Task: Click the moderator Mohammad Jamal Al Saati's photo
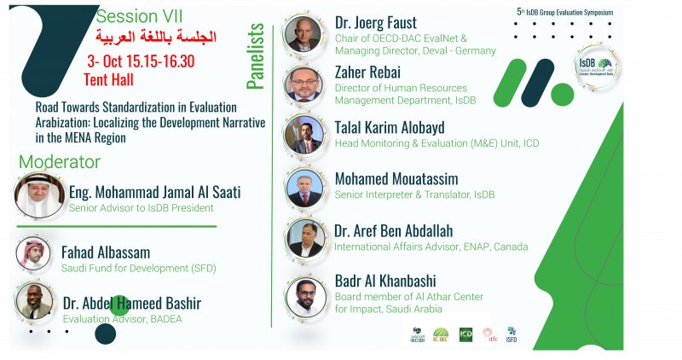39,195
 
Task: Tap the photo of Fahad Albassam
34,253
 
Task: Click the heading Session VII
139,16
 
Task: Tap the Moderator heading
60,162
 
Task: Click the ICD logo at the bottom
465,334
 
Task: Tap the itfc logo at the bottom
488,334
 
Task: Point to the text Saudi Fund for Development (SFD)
139,269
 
